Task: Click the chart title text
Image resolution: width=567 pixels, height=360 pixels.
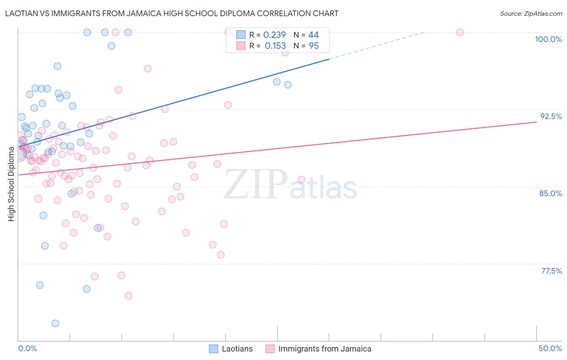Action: pos(172,13)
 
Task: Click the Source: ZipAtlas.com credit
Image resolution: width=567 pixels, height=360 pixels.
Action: pos(531,14)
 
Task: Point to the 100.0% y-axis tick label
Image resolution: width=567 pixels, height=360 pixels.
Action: pos(548,39)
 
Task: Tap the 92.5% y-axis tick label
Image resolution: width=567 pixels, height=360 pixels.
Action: pos(551,116)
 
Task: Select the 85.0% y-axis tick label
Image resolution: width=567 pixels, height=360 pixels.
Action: pos(550,193)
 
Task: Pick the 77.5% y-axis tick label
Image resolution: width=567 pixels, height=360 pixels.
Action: pos(551,271)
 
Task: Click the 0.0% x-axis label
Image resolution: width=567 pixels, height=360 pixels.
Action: pos(27,348)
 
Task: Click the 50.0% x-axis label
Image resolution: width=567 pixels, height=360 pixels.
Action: pos(550,348)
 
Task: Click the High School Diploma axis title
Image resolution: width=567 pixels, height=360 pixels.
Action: pos(11,184)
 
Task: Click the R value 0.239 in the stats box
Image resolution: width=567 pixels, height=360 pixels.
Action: pos(274,35)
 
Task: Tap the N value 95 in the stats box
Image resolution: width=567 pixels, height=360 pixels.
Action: pos(314,46)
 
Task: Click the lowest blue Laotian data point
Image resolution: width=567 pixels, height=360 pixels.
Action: pos(56,323)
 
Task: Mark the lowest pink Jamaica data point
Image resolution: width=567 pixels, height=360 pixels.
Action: pos(129,295)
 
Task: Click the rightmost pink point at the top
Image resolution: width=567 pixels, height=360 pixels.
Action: pos(460,32)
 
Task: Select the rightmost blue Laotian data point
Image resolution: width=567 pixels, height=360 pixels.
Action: pos(288,85)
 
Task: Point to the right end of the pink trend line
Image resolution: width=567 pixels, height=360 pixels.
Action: pos(536,122)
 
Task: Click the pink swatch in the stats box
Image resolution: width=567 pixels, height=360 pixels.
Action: pos(241,46)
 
